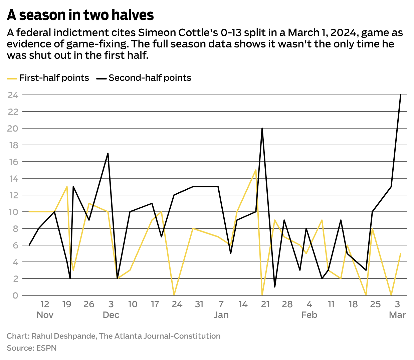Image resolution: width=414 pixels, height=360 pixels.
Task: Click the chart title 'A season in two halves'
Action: (80, 15)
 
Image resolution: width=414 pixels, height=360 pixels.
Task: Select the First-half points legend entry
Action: (48, 78)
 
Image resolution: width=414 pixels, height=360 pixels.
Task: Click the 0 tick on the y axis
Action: (15, 296)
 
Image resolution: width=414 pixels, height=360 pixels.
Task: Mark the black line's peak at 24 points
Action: (400, 95)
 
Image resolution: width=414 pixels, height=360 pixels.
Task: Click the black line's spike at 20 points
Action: (262, 129)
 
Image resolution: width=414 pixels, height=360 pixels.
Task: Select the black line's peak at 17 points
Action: (108, 154)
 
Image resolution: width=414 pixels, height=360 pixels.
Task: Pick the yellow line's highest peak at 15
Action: (256, 170)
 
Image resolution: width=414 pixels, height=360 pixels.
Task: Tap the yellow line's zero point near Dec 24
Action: (174, 295)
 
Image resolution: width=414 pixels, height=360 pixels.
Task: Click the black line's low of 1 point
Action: (274, 287)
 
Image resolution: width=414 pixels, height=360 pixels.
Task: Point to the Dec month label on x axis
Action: (111, 315)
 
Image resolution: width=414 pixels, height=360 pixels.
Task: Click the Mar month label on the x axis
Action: (397, 315)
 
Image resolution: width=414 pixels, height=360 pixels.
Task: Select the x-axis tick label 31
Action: (199, 304)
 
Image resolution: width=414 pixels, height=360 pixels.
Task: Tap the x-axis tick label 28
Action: (287, 304)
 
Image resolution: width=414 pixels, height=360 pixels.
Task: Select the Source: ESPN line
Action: (32, 348)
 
